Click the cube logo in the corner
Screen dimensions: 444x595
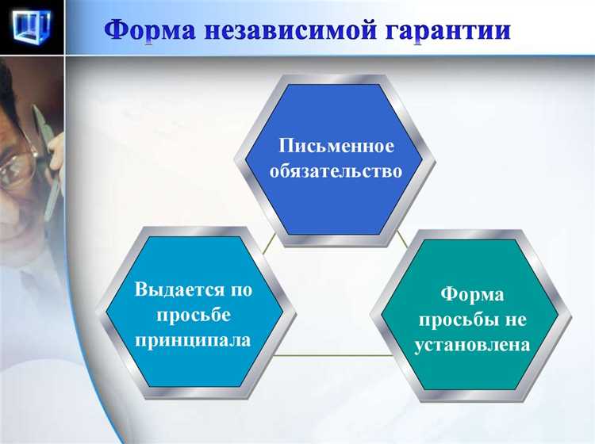point(31,26)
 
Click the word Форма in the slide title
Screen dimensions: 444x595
point(152,30)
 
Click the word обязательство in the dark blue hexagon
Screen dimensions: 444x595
point(336,171)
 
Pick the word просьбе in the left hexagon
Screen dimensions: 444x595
point(193,315)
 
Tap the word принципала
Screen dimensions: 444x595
point(193,340)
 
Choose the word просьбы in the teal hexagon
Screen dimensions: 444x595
point(452,320)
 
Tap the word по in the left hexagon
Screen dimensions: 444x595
point(238,289)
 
